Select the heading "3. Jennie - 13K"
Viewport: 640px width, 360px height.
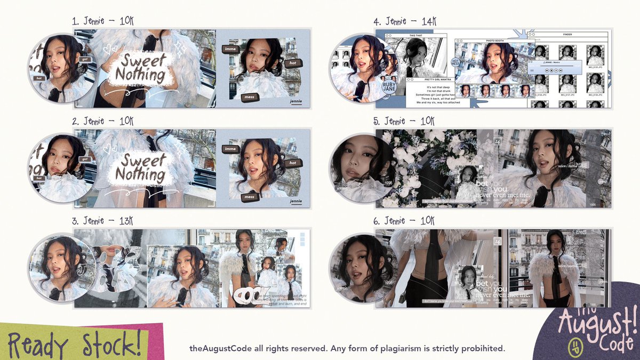103,221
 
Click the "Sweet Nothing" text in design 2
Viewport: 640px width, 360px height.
141,167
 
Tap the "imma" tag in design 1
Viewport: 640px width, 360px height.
230,49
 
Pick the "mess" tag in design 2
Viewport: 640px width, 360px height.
249,197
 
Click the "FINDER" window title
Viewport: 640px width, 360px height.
567,34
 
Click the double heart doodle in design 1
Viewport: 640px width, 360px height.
110,49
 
